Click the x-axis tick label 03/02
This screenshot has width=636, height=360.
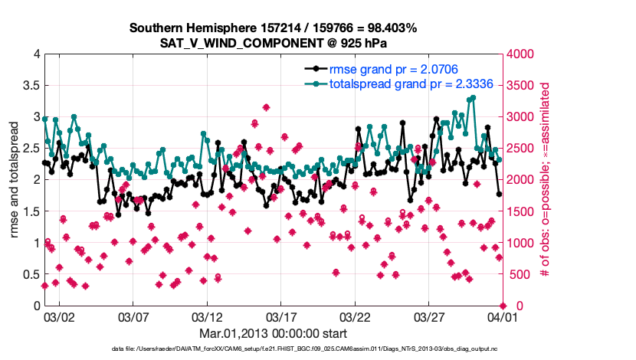click(58, 316)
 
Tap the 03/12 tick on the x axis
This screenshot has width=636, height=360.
click(206, 316)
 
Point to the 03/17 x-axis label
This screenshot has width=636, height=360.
click(280, 316)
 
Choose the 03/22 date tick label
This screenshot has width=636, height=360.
click(354, 316)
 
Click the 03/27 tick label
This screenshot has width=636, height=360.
click(428, 316)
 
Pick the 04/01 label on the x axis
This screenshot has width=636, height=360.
click(502, 316)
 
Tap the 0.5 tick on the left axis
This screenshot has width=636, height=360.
click(30, 274)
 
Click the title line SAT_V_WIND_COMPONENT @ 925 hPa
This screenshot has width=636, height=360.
click(273, 44)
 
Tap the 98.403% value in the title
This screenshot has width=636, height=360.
click(390, 28)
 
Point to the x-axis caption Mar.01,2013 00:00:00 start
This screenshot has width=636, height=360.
click(273, 333)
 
